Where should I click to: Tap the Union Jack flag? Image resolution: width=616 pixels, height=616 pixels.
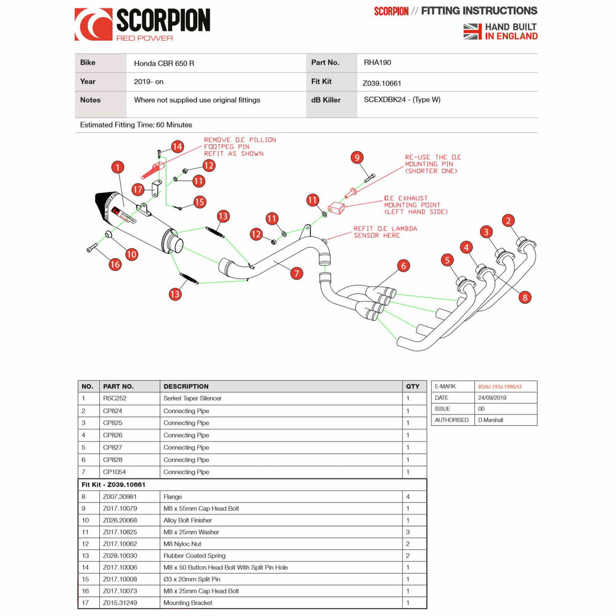(472, 31)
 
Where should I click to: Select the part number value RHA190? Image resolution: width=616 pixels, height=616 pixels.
(377, 63)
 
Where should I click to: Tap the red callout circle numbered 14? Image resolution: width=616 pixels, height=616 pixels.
(177, 147)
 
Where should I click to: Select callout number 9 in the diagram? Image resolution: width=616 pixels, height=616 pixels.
(355, 157)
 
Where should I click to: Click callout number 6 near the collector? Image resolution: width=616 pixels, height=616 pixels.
(403, 265)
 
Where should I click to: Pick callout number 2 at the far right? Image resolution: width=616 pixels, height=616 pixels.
(508, 221)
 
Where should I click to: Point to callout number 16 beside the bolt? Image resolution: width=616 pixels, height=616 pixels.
(115, 265)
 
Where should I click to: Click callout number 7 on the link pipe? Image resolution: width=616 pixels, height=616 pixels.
(297, 273)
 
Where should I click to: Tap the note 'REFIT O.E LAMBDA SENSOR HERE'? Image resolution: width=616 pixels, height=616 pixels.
(385, 232)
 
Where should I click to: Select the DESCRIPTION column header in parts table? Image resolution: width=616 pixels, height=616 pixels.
(186, 386)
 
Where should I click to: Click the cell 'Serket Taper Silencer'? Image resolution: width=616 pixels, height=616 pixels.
(192, 399)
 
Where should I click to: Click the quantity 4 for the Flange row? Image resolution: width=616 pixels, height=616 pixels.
(408, 496)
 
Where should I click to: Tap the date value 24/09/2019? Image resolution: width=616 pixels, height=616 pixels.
(492, 397)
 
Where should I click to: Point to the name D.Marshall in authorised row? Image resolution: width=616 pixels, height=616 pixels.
(492, 420)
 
